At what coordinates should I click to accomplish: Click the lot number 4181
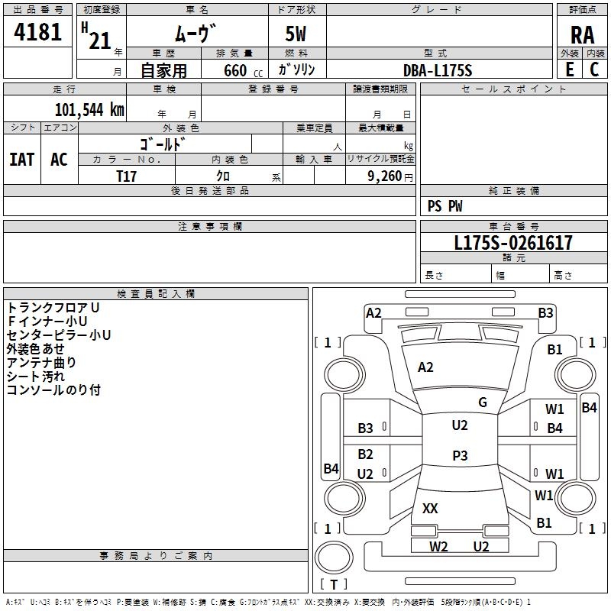(37, 33)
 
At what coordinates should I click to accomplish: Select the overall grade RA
(582, 35)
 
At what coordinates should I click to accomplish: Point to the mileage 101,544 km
(89, 109)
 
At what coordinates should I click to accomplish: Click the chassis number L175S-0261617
(513, 244)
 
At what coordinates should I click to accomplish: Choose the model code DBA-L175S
(438, 70)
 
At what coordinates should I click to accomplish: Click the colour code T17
(128, 175)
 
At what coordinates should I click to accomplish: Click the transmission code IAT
(21, 159)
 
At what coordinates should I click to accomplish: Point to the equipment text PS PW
(445, 206)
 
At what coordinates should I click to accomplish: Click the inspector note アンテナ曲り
(41, 363)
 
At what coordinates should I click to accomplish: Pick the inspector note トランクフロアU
(53, 307)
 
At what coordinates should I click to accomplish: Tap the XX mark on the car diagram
(430, 508)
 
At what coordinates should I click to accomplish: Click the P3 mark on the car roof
(460, 455)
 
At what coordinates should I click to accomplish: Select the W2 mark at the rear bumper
(438, 546)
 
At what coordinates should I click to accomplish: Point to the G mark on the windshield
(483, 402)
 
